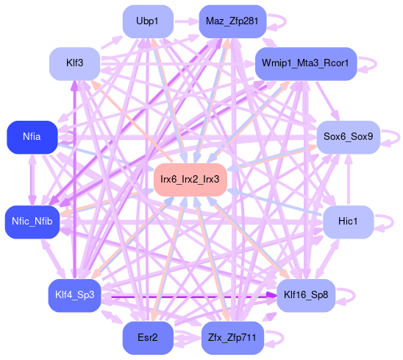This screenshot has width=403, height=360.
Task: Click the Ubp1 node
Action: tap(148, 21)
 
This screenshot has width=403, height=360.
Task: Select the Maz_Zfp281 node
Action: tap(232, 21)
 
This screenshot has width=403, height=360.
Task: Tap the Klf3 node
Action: tap(74, 63)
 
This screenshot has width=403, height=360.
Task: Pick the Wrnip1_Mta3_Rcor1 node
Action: tap(306, 63)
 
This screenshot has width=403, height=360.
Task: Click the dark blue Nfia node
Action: tap(32, 137)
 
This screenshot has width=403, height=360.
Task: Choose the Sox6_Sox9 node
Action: tap(349, 137)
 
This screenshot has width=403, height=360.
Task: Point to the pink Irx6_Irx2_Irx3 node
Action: tap(190, 180)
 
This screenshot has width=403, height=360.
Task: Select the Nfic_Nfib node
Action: tap(32, 222)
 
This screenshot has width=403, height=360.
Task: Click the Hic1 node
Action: tap(349, 222)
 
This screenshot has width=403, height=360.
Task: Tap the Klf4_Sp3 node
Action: tap(74, 295)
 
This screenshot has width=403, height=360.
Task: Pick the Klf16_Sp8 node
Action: tap(306, 295)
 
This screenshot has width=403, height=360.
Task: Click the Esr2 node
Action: tap(148, 338)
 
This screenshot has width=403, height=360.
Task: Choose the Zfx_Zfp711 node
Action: tap(232, 338)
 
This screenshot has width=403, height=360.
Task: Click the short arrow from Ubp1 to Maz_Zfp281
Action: tap(186, 21)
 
